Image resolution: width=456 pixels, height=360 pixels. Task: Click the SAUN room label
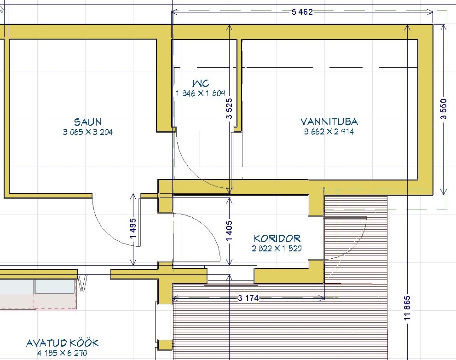(87, 122)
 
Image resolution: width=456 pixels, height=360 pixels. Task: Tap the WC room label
(200, 83)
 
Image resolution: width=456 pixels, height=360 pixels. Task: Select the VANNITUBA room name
(329, 122)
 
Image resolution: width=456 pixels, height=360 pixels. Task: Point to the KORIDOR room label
(277, 238)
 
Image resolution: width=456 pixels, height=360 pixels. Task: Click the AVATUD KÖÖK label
(63, 343)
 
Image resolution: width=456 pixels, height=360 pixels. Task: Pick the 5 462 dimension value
(302, 12)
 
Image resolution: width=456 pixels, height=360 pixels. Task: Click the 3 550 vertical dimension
(443, 109)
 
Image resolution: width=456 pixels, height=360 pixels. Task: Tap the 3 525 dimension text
(229, 109)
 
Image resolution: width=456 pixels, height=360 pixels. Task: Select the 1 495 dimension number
(133, 228)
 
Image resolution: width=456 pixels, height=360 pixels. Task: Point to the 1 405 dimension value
(229, 231)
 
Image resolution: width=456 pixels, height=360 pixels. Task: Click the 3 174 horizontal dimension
(248, 298)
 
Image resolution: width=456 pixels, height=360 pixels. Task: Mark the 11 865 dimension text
(407, 308)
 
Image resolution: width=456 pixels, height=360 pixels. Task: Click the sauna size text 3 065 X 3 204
(88, 132)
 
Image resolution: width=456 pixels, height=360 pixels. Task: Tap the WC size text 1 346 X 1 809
(200, 93)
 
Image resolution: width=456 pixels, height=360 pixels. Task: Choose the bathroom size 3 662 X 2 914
(329, 132)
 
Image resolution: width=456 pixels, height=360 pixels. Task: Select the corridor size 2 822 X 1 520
(277, 249)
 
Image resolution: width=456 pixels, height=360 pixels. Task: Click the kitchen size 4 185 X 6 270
(62, 353)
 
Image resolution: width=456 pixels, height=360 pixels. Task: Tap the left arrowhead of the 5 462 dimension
(174, 12)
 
